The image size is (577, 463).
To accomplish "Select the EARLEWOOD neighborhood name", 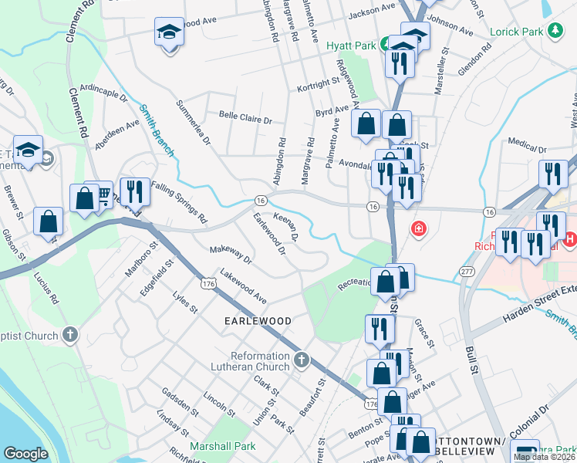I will (258, 320).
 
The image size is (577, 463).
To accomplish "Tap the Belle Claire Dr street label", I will (246, 120).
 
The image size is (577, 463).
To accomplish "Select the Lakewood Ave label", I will (243, 286).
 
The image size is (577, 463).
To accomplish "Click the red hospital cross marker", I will (419, 228).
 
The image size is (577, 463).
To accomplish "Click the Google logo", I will (25, 454).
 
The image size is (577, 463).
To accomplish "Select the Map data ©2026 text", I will (544, 457).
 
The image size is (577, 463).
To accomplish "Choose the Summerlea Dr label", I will (193, 122).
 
